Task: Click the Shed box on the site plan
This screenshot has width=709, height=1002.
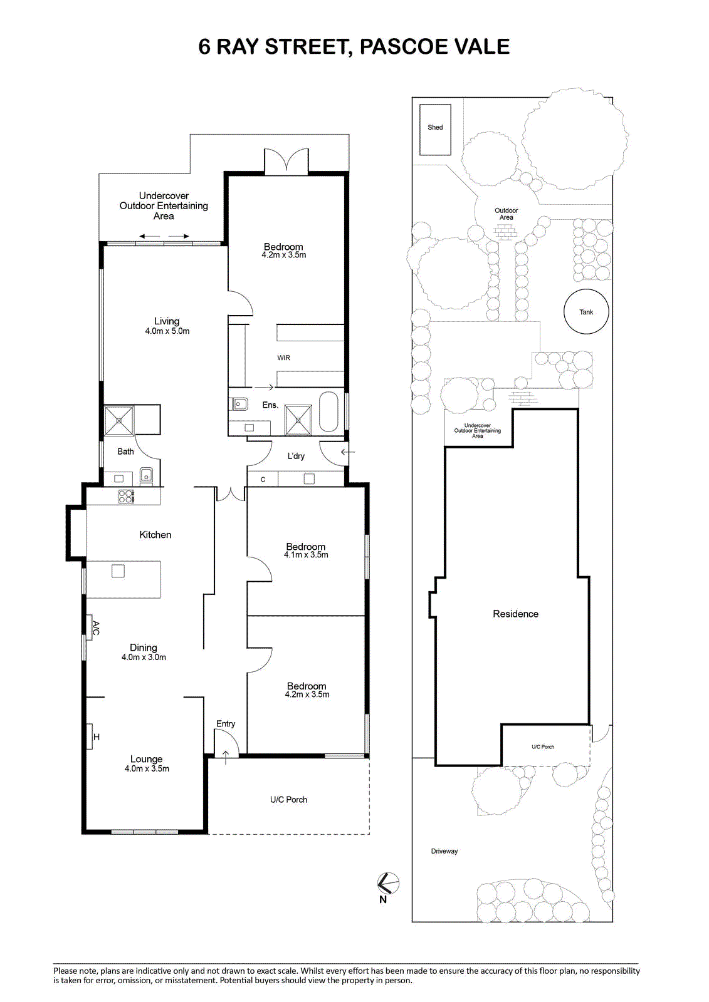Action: coord(435,130)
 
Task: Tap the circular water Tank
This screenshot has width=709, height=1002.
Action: coord(586,312)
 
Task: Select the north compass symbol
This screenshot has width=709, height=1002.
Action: coord(388,882)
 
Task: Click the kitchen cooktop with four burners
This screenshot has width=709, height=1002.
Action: coord(126,496)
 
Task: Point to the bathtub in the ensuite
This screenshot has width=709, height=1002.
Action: coord(328,412)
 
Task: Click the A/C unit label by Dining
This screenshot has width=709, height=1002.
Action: coord(95,628)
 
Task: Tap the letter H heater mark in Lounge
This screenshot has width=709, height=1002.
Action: coord(97,737)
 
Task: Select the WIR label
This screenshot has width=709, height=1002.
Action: coord(283,358)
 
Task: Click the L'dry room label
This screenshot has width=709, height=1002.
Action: coord(296,457)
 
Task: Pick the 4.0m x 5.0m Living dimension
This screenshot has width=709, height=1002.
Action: coord(167,331)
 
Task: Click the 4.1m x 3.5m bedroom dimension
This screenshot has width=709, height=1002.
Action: coord(306,555)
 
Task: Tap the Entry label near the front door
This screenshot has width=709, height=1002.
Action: coord(226,724)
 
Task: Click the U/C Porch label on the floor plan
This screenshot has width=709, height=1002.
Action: coord(288,799)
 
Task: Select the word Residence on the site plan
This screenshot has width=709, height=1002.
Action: coord(515,614)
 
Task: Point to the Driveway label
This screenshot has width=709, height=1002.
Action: coord(444,851)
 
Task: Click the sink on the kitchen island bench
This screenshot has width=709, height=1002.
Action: coord(118,571)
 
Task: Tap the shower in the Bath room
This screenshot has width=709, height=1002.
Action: coord(118,420)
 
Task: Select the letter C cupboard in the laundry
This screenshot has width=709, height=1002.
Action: coord(263,480)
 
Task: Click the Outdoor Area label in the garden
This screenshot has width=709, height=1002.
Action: coord(506,214)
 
